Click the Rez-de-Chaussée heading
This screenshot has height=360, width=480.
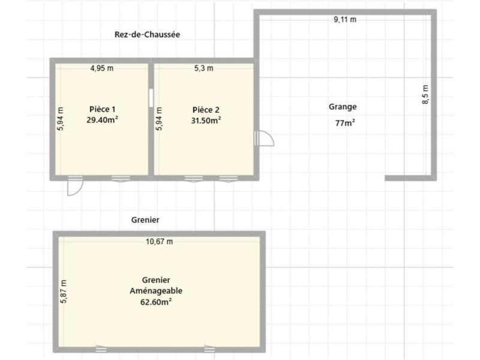(x=147, y=35)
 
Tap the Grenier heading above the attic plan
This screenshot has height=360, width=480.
(x=145, y=220)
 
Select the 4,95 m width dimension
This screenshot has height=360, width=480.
(x=101, y=68)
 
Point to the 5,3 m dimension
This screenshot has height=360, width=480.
(x=203, y=68)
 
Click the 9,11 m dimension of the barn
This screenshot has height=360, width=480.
(x=345, y=19)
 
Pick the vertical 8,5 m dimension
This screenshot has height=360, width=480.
(x=425, y=95)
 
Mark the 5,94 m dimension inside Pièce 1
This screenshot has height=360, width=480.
(x=60, y=118)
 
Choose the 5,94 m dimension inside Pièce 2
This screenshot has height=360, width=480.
(x=159, y=118)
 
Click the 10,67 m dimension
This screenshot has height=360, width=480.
(x=160, y=242)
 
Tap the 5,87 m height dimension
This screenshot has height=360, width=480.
(x=63, y=292)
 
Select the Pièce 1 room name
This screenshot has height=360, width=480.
(x=102, y=109)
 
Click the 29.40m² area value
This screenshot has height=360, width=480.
(x=102, y=119)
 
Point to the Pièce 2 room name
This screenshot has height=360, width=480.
(x=206, y=109)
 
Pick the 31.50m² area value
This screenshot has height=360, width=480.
(x=206, y=119)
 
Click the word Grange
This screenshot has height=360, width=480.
(x=343, y=107)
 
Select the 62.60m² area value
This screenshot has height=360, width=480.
(x=156, y=302)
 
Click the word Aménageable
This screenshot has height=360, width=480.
(x=156, y=291)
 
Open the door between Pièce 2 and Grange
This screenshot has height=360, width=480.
(x=265, y=139)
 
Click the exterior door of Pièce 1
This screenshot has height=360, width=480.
(x=74, y=186)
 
